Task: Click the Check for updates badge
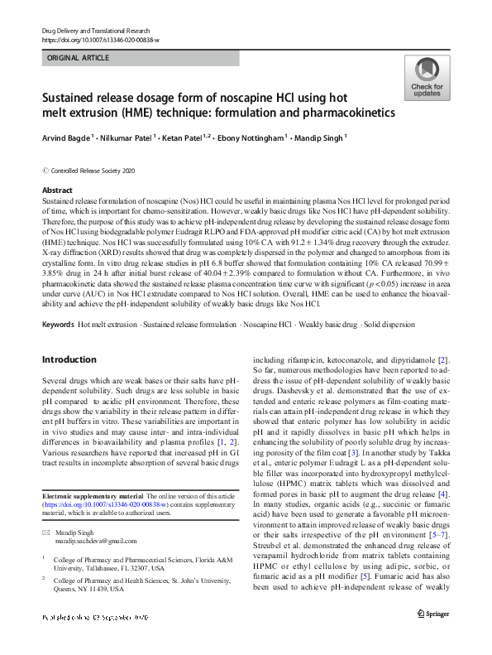point(426,79)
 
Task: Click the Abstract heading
point(57,190)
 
